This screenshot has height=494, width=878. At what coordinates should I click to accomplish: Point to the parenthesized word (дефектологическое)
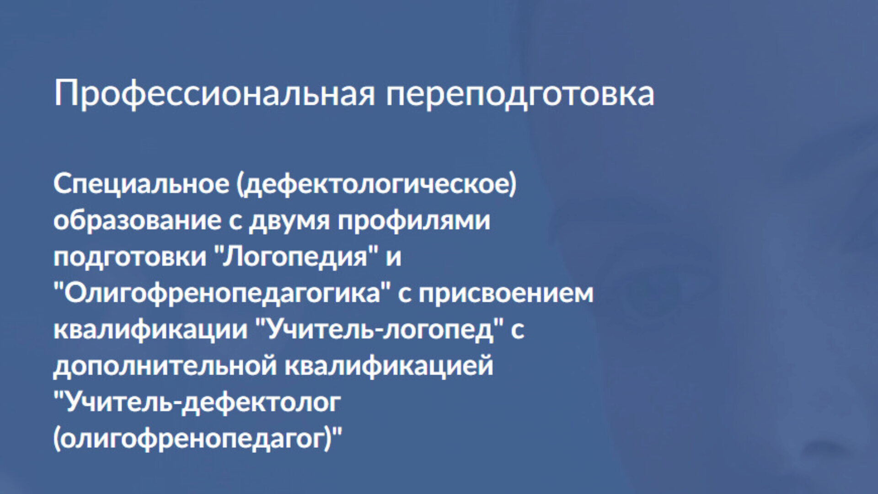click(376, 184)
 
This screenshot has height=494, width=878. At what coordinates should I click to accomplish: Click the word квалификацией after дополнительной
click(389, 366)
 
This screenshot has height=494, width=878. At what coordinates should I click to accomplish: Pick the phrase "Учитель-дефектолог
click(198, 403)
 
